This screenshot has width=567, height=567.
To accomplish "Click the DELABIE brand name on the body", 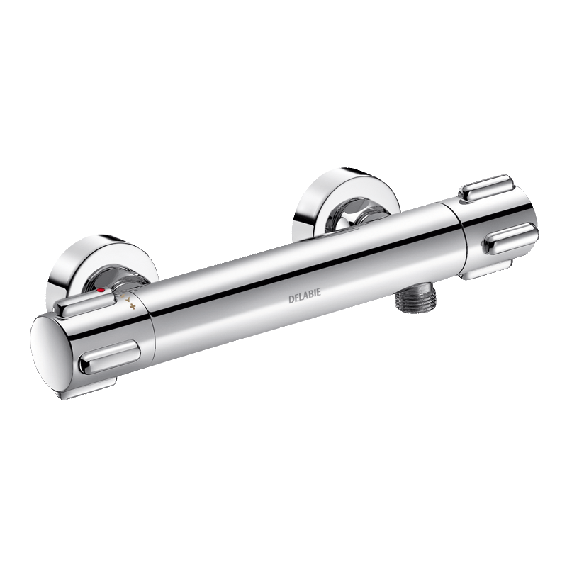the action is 305,296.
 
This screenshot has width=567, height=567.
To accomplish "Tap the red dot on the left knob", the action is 101,291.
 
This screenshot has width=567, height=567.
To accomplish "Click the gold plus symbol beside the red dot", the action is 133,307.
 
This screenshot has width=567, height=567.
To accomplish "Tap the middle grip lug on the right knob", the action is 510,239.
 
